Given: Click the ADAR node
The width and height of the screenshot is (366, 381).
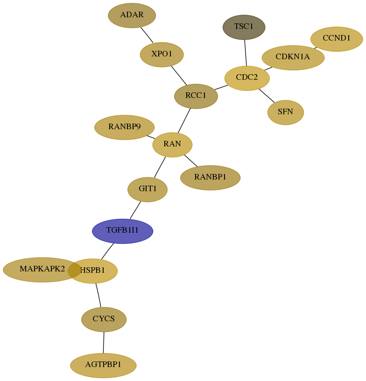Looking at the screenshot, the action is pyautogui.click(x=132, y=15).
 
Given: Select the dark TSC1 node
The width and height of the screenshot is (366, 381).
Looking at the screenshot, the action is pyautogui.click(x=244, y=27).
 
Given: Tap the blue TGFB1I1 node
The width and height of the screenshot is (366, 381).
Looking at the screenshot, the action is pyautogui.click(x=123, y=231).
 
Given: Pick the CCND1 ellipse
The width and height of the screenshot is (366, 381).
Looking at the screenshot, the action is pyautogui.click(x=337, y=39).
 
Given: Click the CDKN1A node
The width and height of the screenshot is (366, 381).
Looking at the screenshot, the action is pyautogui.click(x=293, y=57).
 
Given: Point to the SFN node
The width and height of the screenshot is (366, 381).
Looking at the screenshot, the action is pyautogui.click(x=286, y=112).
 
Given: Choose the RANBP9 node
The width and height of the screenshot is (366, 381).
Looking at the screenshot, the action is pyautogui.click(x=124, y=127).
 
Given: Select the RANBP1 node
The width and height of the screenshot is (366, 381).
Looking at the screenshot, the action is pyautogui.click(x=211, y=178).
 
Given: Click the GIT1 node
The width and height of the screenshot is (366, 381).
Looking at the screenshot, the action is pyautogui.click(x=148, y=189).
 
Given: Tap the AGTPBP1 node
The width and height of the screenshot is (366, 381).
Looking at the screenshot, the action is pyautogui.click(x=103, y=365).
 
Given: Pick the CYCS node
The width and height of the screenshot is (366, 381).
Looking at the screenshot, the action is pyautogui.click(x=104, y=319).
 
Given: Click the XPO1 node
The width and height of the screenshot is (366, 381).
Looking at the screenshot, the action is pyautogui.click(x=162, y=55).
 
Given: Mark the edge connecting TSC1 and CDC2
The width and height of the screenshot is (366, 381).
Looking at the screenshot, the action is pyautogui.click(x=246, y=53).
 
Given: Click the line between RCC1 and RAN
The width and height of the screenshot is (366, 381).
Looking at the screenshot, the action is pyautogui.click(x=184, y=121).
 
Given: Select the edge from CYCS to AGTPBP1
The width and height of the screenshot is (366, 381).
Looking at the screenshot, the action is pyautogui.click(x=104, y=342).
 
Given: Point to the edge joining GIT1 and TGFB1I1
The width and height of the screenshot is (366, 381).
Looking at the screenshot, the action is pyautogui.click(x=135, y=210).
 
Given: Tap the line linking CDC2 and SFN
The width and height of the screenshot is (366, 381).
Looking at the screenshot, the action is pyautogui.click(x=267, y=96).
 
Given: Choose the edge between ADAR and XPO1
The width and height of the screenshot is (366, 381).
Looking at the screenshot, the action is pyautogui.click(x=147, y=35).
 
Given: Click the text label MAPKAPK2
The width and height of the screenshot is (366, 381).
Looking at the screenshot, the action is pyautogui.click(x=42, y=269).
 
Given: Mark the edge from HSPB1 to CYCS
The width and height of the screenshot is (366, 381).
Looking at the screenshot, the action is pyautogui.click(x=98, y=295).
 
